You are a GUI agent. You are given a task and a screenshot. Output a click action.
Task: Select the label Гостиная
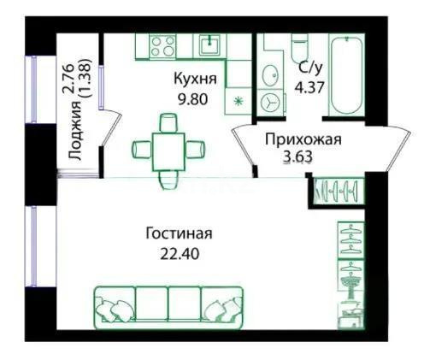pyautogui.click(x=178, y=233)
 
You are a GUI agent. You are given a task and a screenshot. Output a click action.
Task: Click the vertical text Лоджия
pyautogui.click(x=76, y=129)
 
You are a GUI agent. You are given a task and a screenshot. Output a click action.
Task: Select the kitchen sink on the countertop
pyautogui.click(x=208, y=44)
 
